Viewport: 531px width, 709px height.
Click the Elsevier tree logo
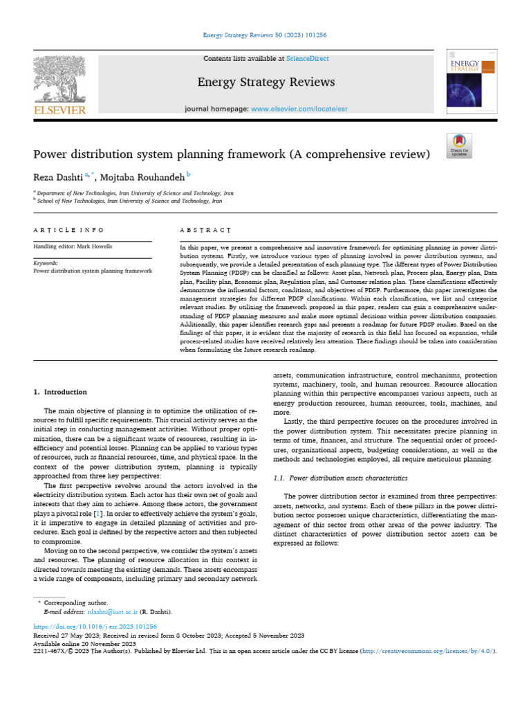pyautogui.click(x=59, y=79)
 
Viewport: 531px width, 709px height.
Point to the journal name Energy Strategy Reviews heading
pyautogui.click(x=266, y=82)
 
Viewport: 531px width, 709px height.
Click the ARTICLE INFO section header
pyautogui.click(x=69, y=229)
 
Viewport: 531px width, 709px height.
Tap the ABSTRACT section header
pyautogui.click(x=205, y=229)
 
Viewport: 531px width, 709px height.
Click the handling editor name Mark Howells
pyautogui.click(x=97, y=246)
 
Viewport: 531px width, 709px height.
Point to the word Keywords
pyautogui.click(x=46, y=263)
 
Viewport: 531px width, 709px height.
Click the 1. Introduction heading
pyautogui.click(x=61, y=392)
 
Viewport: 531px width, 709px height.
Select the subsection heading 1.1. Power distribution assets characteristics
pyautogui.click(x=340, y=478)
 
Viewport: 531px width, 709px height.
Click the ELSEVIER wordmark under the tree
pyautogui.click(x=59, y=110)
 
